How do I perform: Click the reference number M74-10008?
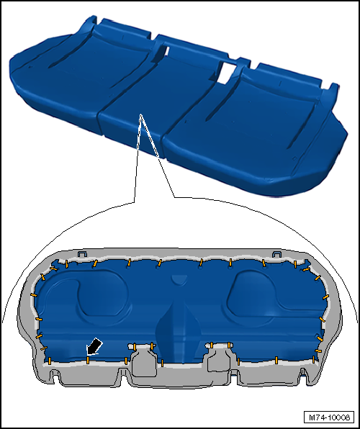(x=329, y=417)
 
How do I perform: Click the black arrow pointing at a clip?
(x=94, y=346)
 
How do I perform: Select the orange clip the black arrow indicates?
(x=88, y=360)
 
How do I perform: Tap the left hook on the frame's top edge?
(x=82, y=253)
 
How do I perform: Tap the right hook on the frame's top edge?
(x=276, y=253)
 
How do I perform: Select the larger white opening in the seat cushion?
(x=228, y=73)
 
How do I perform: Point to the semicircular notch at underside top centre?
(x=179, y=279)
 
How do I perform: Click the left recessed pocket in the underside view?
(x=103, y=297)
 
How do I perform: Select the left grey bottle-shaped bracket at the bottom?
(x=144, y=360)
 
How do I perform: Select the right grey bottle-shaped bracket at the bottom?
(x=219, y=357)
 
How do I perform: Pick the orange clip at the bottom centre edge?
(x=162, y=363)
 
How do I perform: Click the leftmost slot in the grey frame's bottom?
(x=55, y=376)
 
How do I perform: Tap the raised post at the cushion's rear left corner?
(x=90, y=22)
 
